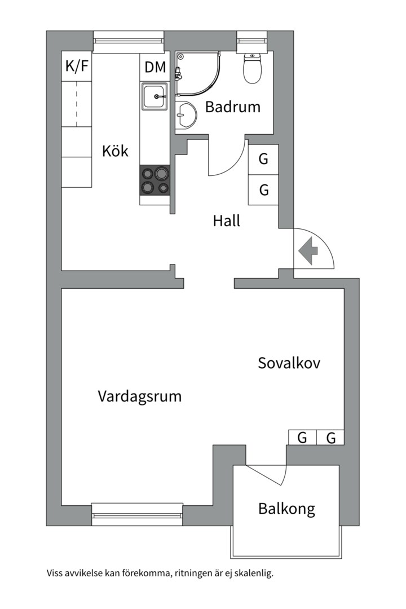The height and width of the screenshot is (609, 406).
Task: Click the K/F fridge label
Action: [77, 67]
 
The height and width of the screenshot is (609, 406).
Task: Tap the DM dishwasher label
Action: [155, 67]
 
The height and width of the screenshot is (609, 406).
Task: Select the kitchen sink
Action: [154, 97]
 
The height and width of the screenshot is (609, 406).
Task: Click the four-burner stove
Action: [155, 180]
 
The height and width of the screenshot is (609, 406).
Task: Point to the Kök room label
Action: [115, 151]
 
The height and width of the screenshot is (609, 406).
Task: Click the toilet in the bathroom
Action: [252, 69]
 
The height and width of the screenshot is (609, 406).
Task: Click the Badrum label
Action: [232, 107]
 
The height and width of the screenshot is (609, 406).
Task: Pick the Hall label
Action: [226, 220]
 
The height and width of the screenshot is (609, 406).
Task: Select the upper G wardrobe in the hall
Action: [263, 159]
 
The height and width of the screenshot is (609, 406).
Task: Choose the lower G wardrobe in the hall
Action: [263, 190]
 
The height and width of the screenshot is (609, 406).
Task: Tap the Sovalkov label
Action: [289, 363]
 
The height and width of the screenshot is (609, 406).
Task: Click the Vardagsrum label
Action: [140, 396]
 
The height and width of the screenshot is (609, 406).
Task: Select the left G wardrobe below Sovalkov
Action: [302, 438]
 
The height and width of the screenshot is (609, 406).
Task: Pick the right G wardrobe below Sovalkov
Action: [331, 438]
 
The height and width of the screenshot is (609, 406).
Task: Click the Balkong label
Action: [286, 509]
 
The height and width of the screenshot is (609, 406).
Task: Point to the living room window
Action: [137, 514]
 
